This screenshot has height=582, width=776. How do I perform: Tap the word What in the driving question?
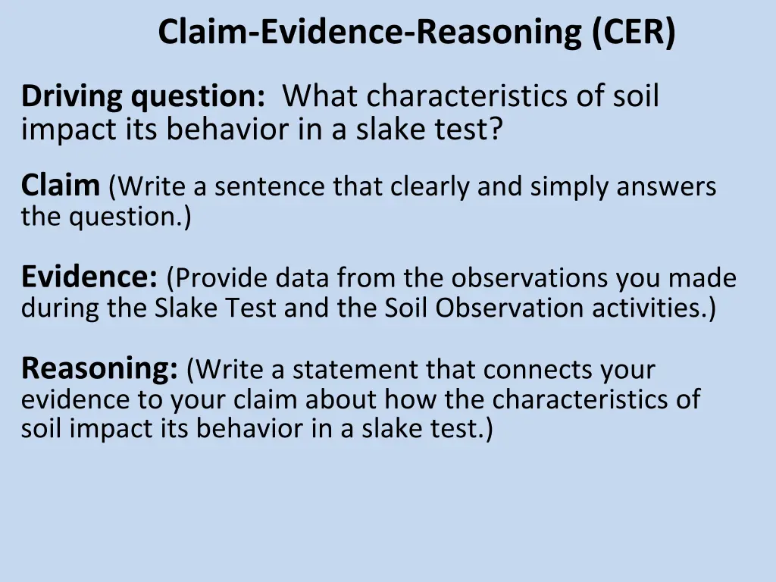pos(322,97)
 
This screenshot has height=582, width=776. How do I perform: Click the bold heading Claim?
pos(60,185)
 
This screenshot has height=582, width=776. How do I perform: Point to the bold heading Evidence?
pos(89,277)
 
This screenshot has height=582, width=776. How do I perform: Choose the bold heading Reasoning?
pos(99,369)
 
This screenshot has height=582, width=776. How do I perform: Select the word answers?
pos(667,186)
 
